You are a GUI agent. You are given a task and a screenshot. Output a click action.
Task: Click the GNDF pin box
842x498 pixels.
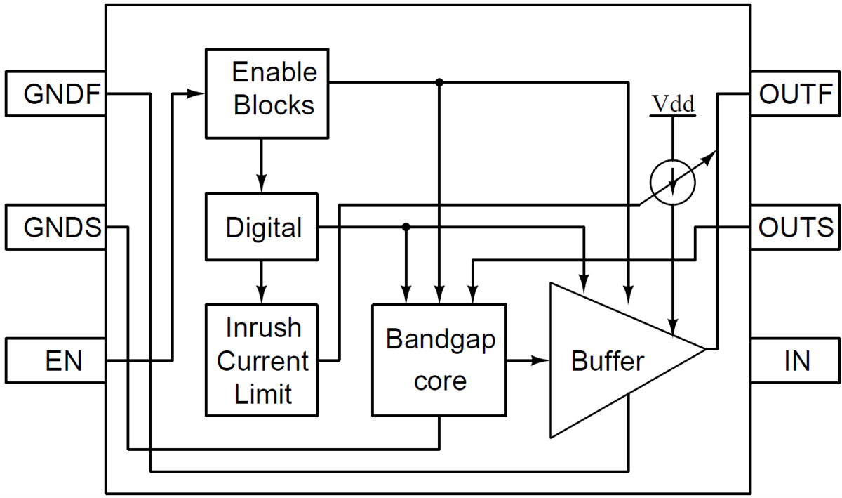(x=55, y=93)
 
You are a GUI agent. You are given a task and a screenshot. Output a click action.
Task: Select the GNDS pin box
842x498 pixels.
(x=55, y=228)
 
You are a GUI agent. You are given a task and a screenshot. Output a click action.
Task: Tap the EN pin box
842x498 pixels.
(x=55, y=361)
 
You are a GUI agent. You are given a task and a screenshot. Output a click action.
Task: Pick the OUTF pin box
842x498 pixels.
(x=796, y=93)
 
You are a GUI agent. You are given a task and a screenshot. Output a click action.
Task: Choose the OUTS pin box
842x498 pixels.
(x=796, y=228)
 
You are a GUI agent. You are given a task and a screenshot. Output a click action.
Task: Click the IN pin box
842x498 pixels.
(x=796, y=361)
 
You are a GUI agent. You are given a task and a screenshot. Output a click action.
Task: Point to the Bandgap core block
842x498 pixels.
(x=439, y=360)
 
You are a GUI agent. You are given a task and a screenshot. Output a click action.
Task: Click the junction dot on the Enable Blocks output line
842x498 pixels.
(x=439, y=82)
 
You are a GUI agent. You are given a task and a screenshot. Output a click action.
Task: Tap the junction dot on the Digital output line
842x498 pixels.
(x=406, y=228)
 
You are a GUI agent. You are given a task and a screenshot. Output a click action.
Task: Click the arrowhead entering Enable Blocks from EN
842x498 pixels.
(x=196, y=93)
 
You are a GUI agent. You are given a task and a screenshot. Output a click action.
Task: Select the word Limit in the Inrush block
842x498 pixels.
(x=263, y=394)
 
